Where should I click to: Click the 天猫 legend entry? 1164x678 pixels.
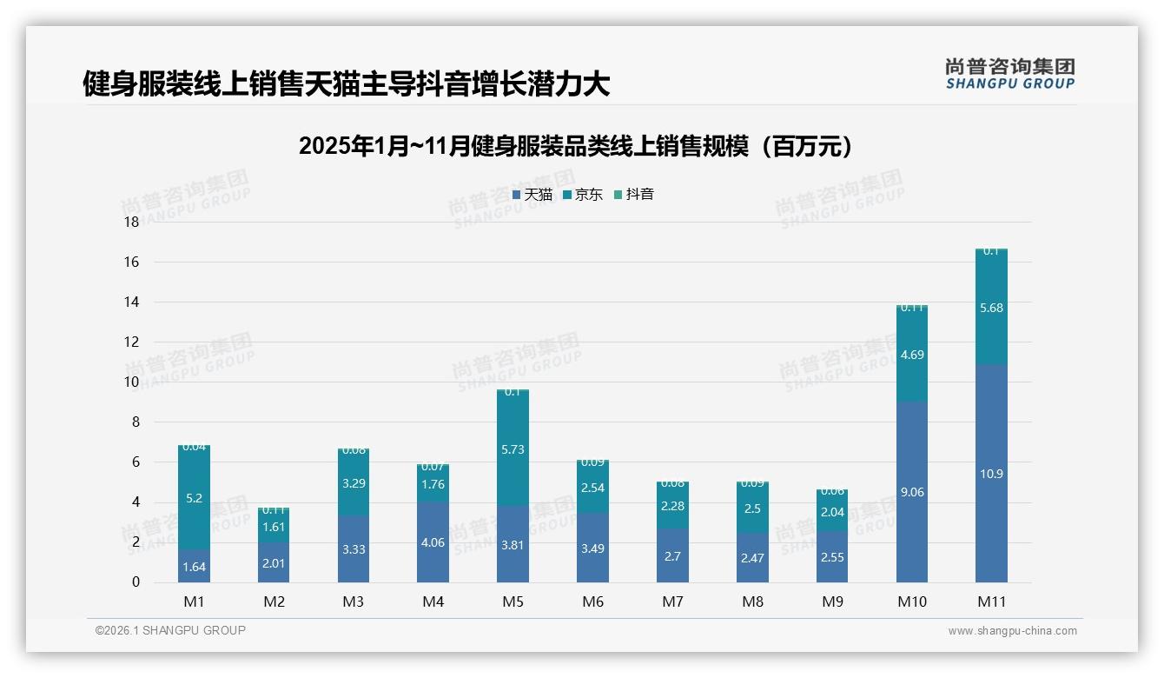point(532,195)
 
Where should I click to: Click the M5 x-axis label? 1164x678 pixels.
point(513,602)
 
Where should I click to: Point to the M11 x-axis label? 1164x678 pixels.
point(991,602)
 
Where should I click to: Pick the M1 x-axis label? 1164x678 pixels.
point(194,602)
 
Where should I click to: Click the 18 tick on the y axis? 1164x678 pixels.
point(131,223)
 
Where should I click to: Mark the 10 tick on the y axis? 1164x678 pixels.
point(131,382)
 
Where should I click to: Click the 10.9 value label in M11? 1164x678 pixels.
point(991,474)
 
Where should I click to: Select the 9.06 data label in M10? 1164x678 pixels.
point(912,492)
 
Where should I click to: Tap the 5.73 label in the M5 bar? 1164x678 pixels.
point(513,449)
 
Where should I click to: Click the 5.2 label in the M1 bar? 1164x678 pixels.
point(194,498)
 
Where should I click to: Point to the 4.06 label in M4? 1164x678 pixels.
point(433,542)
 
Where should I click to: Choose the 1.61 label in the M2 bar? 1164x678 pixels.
point(274,527)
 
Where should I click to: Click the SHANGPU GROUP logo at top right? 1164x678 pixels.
point(1009,74)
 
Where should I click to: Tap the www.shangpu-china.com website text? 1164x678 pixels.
point(1012,631)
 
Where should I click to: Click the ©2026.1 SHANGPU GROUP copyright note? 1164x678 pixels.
point(170,630)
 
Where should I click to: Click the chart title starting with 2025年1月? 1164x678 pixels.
point(574,146)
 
